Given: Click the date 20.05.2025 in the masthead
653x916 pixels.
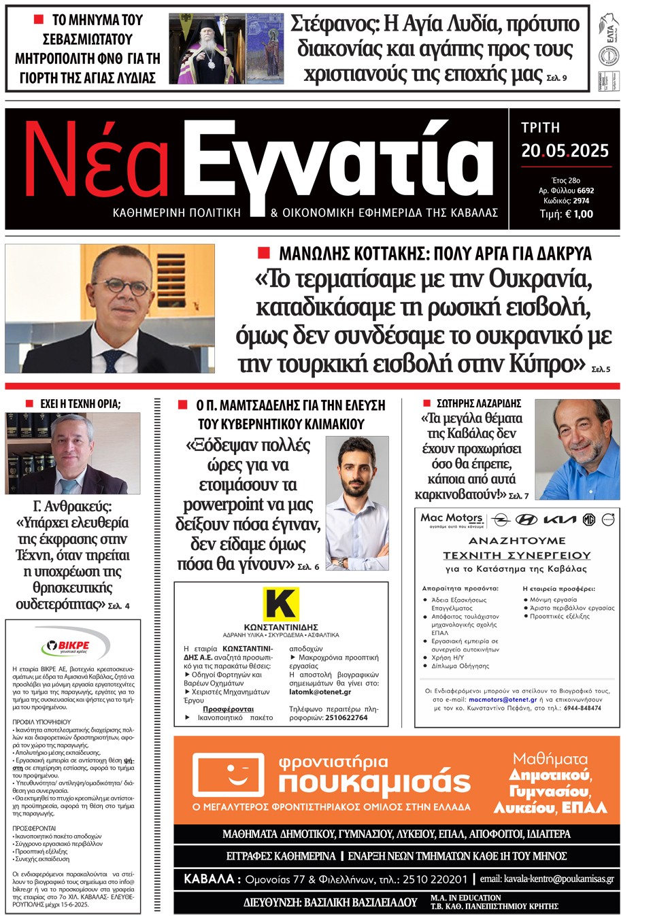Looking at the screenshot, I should (565, 151).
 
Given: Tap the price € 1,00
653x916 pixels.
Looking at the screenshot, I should (575, 214).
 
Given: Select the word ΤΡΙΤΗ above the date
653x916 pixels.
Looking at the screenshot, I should (540, 128).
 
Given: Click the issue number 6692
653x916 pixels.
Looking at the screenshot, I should (585, 191).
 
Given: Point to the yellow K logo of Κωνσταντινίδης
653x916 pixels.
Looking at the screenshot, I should (280, 605).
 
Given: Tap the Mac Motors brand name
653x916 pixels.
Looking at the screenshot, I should (452, 518).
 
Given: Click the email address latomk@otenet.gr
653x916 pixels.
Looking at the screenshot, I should (320, 692).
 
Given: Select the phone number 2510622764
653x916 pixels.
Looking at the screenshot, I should (346, 717).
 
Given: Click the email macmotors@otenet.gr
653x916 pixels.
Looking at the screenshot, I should (503, 699).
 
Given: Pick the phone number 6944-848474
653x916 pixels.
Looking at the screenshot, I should (582, 708).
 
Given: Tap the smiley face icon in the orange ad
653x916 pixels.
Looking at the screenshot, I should (229, 775).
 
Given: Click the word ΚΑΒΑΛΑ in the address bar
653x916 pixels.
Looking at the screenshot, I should (209, 879).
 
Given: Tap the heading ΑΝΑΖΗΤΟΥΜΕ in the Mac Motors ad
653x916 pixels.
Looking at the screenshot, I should (517, 541).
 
